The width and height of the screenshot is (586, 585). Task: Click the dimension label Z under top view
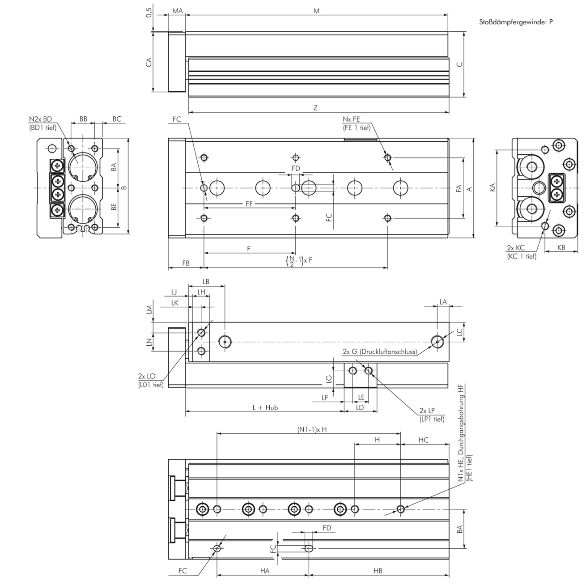coord(316,108)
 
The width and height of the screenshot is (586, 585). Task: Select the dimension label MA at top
coord(178,10)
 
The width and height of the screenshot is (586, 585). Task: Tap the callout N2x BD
coord(41,119)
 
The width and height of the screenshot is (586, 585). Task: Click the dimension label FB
coord(186,263)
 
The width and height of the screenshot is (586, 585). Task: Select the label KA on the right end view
coord(492,187)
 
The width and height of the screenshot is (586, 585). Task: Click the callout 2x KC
coord(515,248)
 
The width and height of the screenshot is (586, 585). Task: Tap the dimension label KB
coord(561,247)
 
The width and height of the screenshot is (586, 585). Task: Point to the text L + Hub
coord(265,407)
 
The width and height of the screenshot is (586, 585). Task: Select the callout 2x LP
coord(427,411)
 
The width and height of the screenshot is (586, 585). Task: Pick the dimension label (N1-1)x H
coord(312,429)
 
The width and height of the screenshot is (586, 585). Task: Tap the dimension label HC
coord(423,440)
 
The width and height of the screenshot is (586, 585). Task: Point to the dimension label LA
coord(443,302)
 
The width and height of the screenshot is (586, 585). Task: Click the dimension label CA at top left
coord(149,62)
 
